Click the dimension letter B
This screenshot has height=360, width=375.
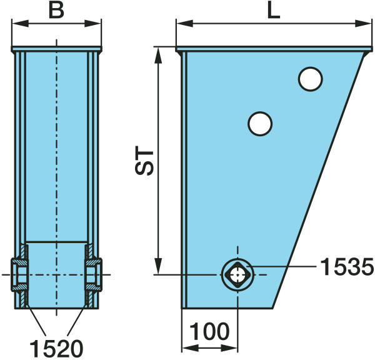coord(56,11)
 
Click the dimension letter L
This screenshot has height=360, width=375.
coord(274,11)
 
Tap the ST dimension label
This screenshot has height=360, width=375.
coord(144,160)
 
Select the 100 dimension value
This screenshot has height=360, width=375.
coord(209,331)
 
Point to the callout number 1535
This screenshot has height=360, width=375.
coord(347,267)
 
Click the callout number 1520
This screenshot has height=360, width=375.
coord(56,349)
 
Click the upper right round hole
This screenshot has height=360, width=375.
coord(310,79)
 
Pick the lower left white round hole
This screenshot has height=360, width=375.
coord(260,124)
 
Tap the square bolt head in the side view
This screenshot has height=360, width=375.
coord(237,275)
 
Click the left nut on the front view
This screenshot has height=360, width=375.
coord(19,274)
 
